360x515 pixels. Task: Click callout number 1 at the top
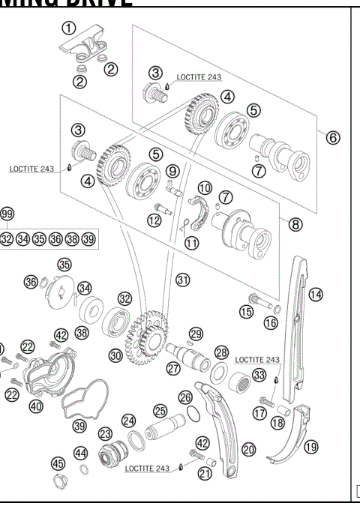(69, 28)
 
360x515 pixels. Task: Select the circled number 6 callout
(333, 138)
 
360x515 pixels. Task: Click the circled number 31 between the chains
(182, 279)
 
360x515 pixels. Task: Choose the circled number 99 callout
(7, 214)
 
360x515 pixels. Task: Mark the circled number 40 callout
(35, 406)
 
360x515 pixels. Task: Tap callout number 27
(172, 368)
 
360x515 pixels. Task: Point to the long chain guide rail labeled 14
(299, 330)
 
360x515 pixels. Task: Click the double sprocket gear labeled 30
(145, 334)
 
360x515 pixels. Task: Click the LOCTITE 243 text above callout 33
(257, 361)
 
